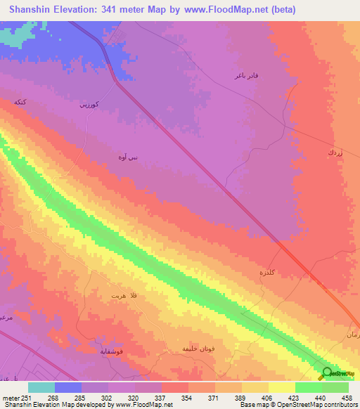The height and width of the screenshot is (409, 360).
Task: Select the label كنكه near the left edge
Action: coord(20,103)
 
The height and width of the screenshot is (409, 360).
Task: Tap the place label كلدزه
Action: coord(269,271)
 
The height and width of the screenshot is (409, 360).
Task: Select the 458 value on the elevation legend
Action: coord(347,398)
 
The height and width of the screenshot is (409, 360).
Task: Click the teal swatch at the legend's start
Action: coord(41,387)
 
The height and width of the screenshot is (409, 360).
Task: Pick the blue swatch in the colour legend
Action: coord(68,387)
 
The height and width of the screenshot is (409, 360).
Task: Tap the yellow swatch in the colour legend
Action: coord(282,387)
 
